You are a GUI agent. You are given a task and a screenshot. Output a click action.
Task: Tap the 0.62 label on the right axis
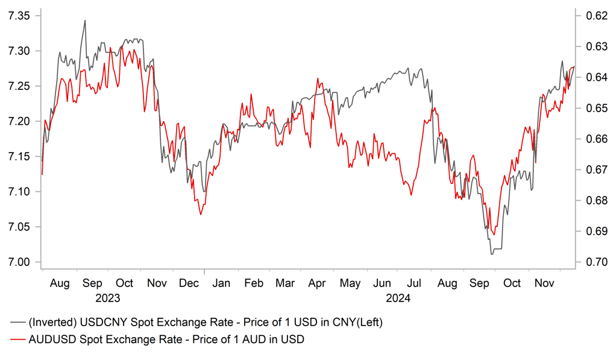coord(593,16)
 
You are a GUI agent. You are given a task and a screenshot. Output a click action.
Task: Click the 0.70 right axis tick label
coord(593,262)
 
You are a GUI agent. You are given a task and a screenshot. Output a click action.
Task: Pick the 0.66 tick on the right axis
coord(593,139)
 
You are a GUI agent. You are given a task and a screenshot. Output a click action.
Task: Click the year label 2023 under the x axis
coord(108,298)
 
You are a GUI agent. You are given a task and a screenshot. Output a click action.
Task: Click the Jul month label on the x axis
coord(415,283)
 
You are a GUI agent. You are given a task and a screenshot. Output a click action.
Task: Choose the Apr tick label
coord(318,283)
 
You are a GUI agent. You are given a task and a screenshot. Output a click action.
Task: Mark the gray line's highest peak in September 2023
coord(85,21)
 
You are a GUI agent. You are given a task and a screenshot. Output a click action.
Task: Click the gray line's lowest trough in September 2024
coord(492,254)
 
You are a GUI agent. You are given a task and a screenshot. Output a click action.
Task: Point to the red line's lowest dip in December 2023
coord(201,214)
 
